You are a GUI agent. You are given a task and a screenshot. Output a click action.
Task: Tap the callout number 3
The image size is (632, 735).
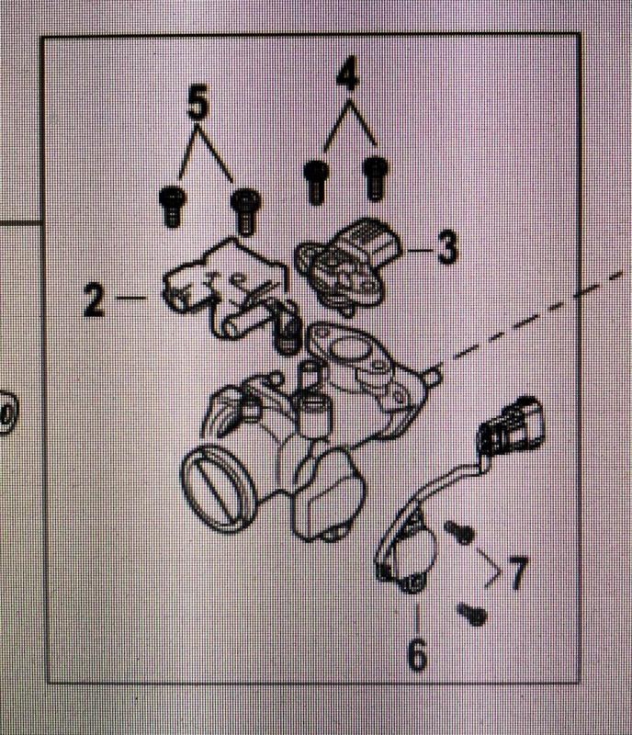446,248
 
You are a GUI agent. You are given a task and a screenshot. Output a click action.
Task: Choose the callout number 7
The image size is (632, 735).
517,574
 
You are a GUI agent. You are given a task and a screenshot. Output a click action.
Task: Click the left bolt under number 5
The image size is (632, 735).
171,204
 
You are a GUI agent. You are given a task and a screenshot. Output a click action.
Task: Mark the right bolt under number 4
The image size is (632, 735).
375,175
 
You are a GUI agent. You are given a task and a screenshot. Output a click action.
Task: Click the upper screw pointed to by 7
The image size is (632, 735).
458,531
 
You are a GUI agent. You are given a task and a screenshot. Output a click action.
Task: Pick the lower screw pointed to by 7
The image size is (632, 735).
474,613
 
